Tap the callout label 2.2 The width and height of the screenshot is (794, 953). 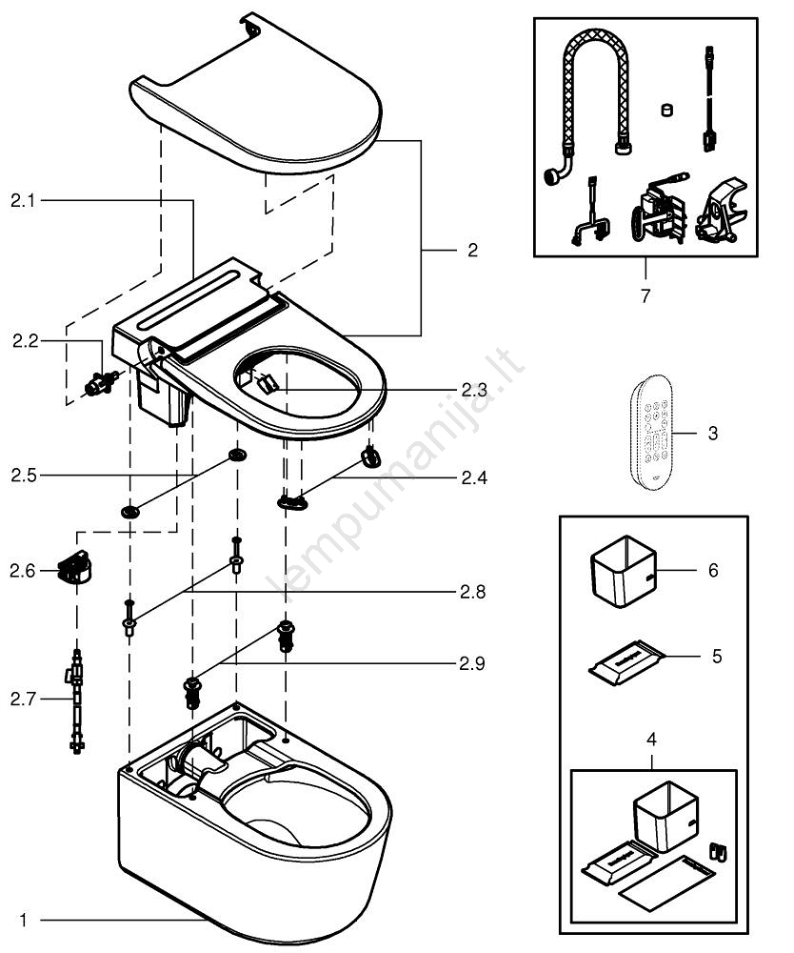(24, 340)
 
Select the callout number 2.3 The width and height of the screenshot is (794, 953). (473, 389)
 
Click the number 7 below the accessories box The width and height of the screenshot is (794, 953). (645, 295)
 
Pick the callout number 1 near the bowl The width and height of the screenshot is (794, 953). (23, 921)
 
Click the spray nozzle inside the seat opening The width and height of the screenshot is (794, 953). (268, 383)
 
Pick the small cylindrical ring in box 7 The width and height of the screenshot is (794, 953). (665, 110)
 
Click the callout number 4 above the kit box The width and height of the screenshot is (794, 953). (651, 739)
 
